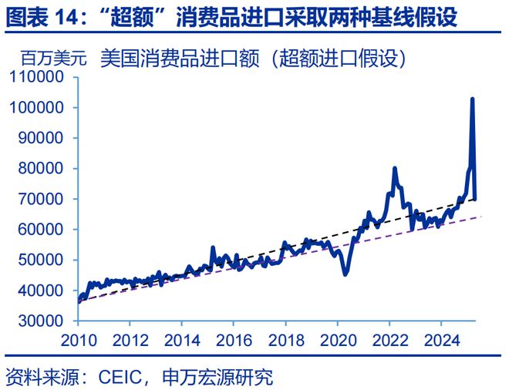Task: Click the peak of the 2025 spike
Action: click(x=472, y=99)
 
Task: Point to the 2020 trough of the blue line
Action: click(x=345, y=274)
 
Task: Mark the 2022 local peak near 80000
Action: click(x=395, y=168)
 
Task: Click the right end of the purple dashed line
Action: click(x=481, y=217)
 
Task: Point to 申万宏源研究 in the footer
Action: click(x=218, y=378)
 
